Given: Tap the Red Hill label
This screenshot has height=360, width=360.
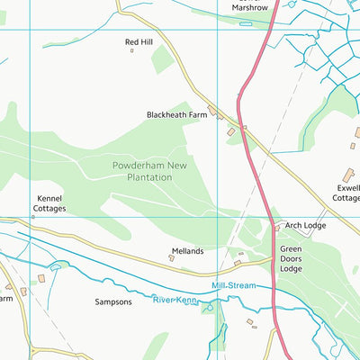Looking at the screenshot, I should [139, 41].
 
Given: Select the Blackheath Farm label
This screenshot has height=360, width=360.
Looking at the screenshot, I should [176, 115].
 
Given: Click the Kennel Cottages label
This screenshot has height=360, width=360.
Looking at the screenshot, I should [49, 202].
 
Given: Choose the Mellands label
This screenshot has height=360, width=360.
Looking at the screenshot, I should [187, 251].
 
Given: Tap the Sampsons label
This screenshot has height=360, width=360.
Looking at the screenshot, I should [113, 301].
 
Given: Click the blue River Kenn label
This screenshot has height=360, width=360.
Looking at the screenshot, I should [174, 299].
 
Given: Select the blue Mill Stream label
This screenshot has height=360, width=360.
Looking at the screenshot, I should [233, 285].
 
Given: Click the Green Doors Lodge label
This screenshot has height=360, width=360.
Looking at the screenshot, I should [291, 258].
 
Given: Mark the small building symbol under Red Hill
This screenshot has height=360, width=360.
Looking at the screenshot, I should [132, 51].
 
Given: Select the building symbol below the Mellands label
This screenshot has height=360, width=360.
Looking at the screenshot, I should [171, 258].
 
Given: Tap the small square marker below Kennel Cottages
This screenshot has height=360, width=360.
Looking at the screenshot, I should [33, 217].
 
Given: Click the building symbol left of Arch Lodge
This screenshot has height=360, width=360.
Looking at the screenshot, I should [276, 229].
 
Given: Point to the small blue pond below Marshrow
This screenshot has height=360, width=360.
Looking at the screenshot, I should [246, 23].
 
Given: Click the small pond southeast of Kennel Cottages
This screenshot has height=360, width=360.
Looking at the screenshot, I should [56, 266].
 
